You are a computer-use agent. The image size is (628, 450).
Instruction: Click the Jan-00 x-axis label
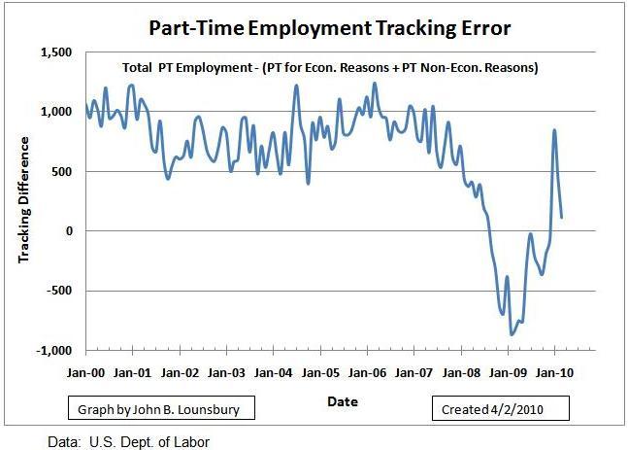[84, 372]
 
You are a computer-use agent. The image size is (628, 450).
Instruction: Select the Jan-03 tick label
[226, 372]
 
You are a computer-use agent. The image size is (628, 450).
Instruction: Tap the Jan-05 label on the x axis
[320, 372]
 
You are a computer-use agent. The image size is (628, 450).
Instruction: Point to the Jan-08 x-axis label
[461, 372]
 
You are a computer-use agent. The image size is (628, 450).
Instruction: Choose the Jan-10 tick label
[555, 372]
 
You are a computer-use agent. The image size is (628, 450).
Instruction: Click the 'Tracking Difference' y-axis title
[23, 199]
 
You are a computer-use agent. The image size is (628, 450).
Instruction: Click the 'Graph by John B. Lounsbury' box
[161, 409]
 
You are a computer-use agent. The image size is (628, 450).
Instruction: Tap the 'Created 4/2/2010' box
[501, 409]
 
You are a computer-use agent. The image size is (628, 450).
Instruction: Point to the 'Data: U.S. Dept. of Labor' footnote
[128, 440]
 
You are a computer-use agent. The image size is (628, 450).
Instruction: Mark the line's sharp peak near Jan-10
[554, 130]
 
